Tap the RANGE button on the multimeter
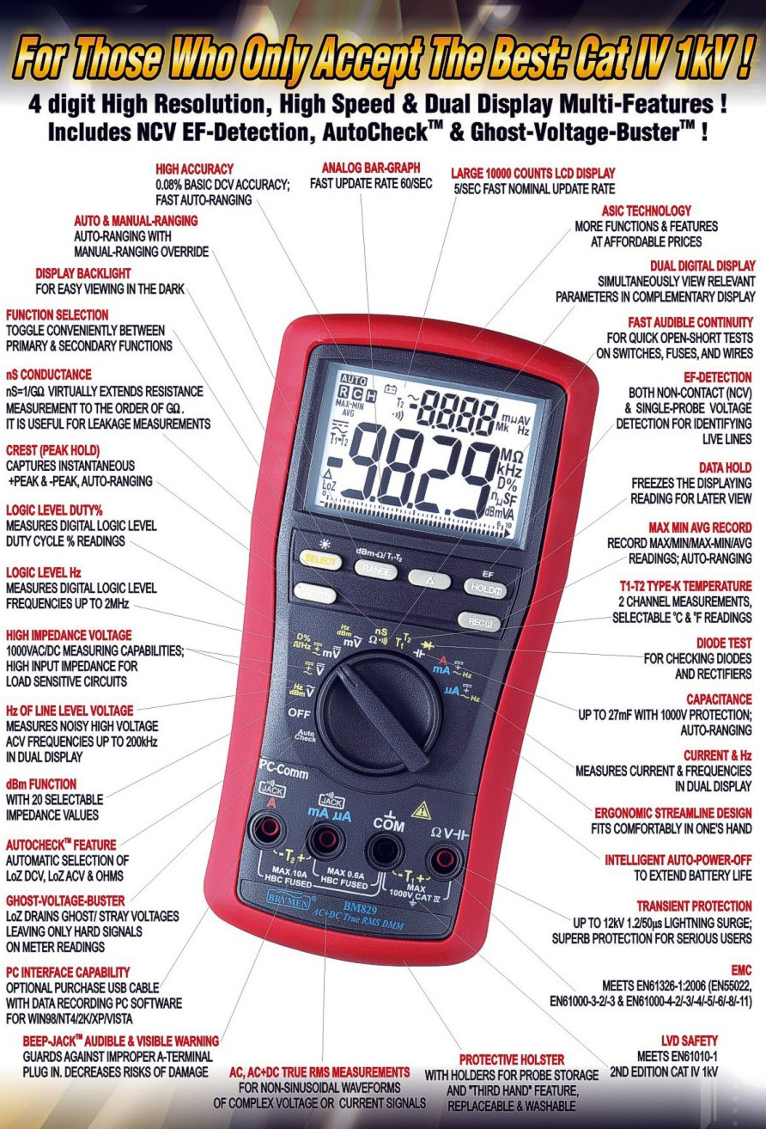(x=376, y=570)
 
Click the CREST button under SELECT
(x=316, y=593)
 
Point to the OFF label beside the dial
(x=299, y=713)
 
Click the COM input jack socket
(x=386, y=851)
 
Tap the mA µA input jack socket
(x=325, y=839)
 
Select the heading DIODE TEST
(x=724, y=644)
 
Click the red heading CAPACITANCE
(x=719, y=699)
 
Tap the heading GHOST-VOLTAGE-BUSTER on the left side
(x=65, y=900)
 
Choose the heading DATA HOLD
(x=725, y=467)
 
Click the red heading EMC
(x=741, y=970)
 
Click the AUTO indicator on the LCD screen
(x=354, y=379)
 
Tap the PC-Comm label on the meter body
(x=283, y=770)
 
